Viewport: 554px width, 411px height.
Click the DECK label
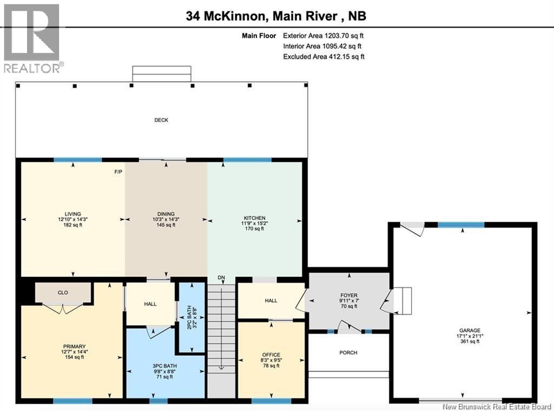(161, 120)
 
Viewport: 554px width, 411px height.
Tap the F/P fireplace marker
(118, 172)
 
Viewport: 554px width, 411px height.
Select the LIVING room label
(73, 214)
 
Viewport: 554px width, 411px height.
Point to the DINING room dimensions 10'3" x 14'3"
(166, 219)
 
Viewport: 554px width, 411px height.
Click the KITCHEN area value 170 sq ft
(254, 228)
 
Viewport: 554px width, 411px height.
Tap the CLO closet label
(63, 293)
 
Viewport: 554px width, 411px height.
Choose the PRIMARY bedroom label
(74, 347)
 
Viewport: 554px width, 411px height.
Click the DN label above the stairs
(221, 277)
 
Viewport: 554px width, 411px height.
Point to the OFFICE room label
(272, 355)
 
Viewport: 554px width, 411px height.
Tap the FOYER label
(349, 295)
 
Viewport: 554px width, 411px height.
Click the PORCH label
(348, 353)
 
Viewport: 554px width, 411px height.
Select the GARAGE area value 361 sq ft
(470, 341)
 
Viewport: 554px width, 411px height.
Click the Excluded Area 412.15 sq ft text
(324, 56)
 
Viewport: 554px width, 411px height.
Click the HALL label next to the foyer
(271, 301)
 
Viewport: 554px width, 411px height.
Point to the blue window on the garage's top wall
(461, 225)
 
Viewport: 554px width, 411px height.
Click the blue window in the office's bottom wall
(272, 401)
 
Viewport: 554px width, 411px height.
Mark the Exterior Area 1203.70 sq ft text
(324, 36)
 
